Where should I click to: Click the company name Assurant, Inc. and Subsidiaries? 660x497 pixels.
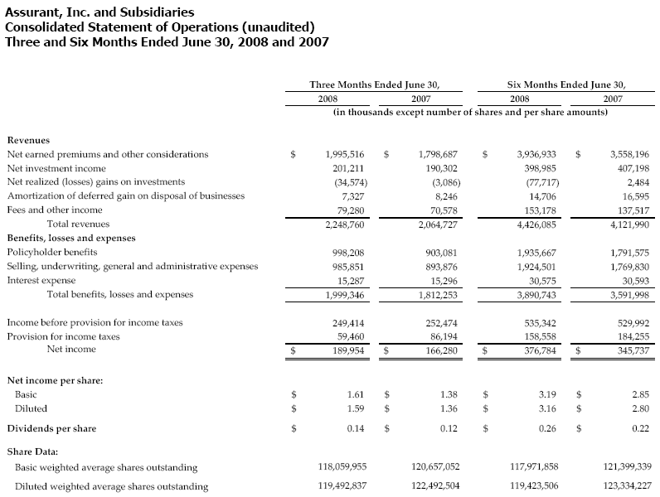[100, 12]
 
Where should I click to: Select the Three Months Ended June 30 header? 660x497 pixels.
[374, 84]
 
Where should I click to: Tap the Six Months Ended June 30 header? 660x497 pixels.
[566, 84]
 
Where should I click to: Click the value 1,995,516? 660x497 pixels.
[342, 154]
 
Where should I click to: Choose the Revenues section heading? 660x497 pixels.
[28, 140]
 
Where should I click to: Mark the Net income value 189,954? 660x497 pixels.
[347, 350]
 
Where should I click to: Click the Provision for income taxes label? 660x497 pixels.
[63, 336]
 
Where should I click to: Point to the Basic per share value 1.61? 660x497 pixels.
[357, 395]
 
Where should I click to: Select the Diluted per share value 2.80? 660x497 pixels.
[638, 408]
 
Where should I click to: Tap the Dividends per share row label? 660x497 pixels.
[51, 428]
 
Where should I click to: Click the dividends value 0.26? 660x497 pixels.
[546, 428]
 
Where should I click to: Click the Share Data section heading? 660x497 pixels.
[32, 451]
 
